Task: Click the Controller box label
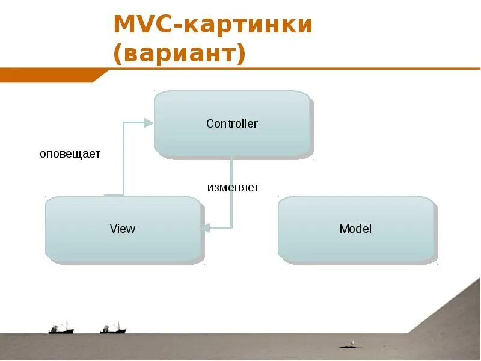(x=231, y=124)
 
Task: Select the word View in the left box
(x=123, y=229)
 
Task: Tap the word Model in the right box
(x=355, y=229)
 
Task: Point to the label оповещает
(x=70, y=154)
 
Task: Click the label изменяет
(x=233, y=188)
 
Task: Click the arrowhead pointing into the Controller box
(x=149, y=123)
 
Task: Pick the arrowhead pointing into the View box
(x=206, y=227)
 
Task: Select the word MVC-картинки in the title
(x=213, y=25)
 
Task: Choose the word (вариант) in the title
(x=180, y=54)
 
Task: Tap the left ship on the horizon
(x=61, y=329)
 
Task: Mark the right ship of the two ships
(x=113, y=329)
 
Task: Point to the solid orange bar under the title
(x=48, y=75)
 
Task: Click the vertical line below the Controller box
(x=231, y=193)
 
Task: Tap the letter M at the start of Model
(x=343, y=229)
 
